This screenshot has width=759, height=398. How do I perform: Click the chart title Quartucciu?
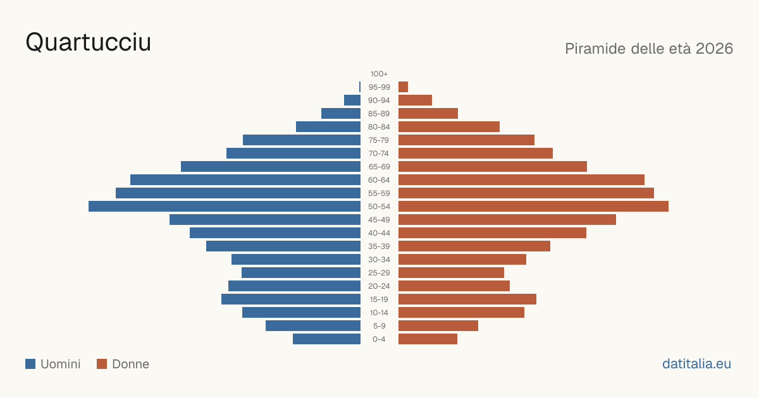pos(88,43)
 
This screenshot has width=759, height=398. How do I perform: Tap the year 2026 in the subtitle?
pos(714,49)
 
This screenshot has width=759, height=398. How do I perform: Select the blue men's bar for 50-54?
pos(225,207)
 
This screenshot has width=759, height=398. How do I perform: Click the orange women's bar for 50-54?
pos(533,207)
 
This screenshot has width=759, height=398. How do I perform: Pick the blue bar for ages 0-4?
pos(326,339)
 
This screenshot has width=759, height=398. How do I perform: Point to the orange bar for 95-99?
pos(404,87)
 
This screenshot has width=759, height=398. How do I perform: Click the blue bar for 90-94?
pos(352,100)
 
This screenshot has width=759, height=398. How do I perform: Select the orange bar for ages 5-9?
pos(438,326)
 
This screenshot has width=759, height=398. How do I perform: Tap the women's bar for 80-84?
pos(449,127)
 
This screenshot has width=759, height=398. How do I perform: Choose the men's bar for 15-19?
pos(291,299)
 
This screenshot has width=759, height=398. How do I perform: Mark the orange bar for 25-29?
pos(451,273)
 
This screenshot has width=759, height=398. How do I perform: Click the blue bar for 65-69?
pos(271,167)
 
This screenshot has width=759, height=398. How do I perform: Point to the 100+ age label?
pos(379,74)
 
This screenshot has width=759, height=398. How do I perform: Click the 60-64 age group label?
pos(379,180)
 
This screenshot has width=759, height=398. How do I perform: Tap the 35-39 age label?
pos(379,246)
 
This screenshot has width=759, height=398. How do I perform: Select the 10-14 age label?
pos(379,313)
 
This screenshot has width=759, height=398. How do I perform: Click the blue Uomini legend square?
pos(30,364)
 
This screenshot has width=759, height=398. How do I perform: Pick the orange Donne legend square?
pos(102,364)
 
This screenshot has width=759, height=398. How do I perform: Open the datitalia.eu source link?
pos(696,364)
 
